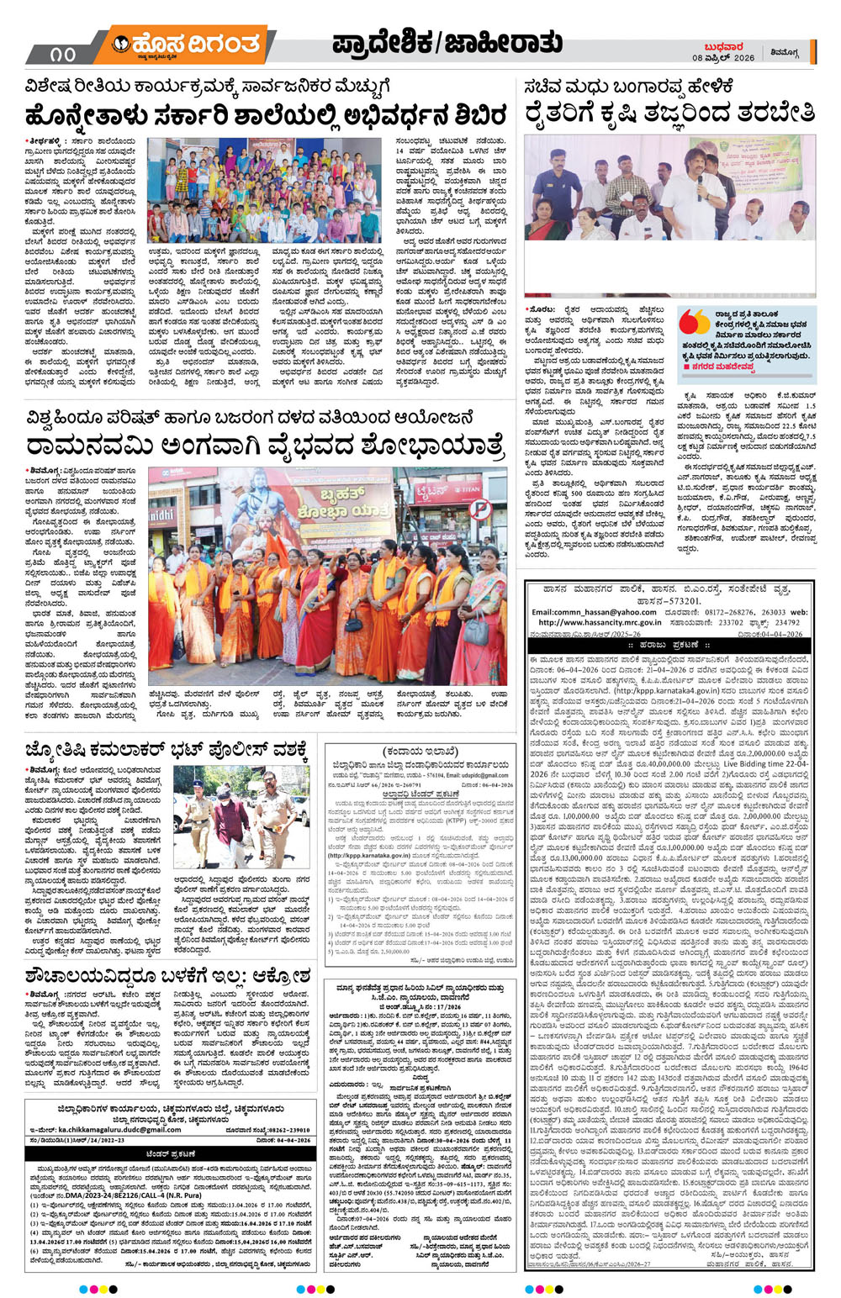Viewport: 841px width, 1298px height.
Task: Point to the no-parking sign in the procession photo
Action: point(479,509)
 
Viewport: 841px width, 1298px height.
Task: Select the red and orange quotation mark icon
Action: point(695,322)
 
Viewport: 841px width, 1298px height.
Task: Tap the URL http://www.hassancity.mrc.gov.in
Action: point(599,623)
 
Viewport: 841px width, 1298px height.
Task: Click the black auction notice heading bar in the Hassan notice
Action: point(669,645)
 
